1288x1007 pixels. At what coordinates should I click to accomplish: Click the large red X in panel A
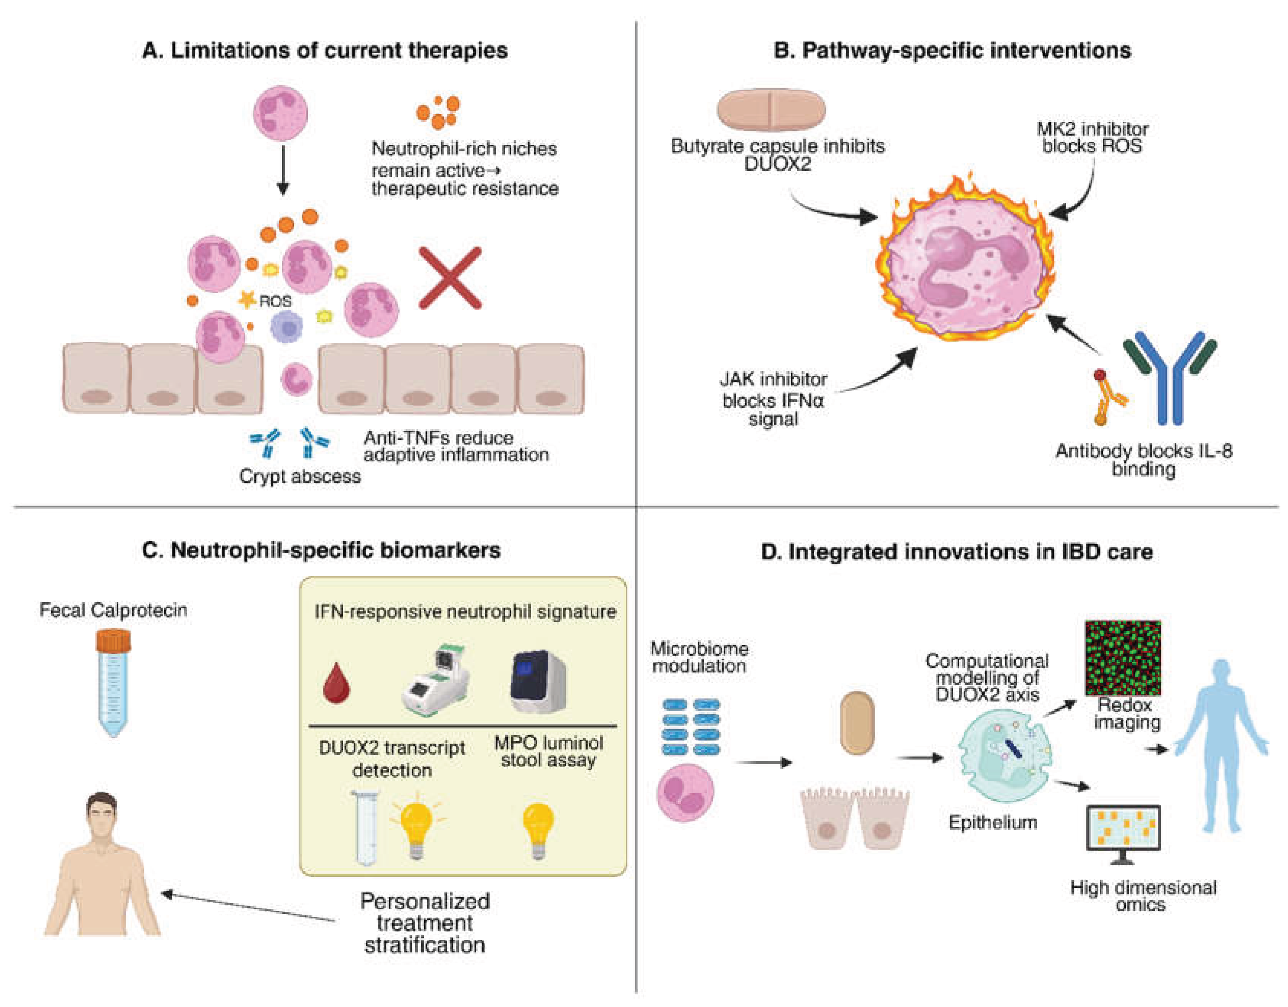pos(450,278)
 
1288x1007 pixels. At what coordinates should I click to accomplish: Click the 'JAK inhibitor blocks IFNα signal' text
pos(773,399)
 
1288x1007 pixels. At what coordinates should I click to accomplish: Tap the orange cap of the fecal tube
pos(113,640)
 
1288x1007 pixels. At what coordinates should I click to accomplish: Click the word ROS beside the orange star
pos(275,301)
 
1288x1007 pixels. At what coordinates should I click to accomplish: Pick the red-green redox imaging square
pos(1123,658)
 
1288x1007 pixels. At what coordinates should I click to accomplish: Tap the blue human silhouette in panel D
pos(1221,746)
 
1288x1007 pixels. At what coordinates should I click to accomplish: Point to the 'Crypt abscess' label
pos(300,476)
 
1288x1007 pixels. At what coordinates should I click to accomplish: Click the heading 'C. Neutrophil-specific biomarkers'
pos(322,550)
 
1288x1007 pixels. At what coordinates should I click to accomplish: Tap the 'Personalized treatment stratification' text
pos(425,923)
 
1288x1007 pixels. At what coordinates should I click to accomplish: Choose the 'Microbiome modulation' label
pos(700,657)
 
